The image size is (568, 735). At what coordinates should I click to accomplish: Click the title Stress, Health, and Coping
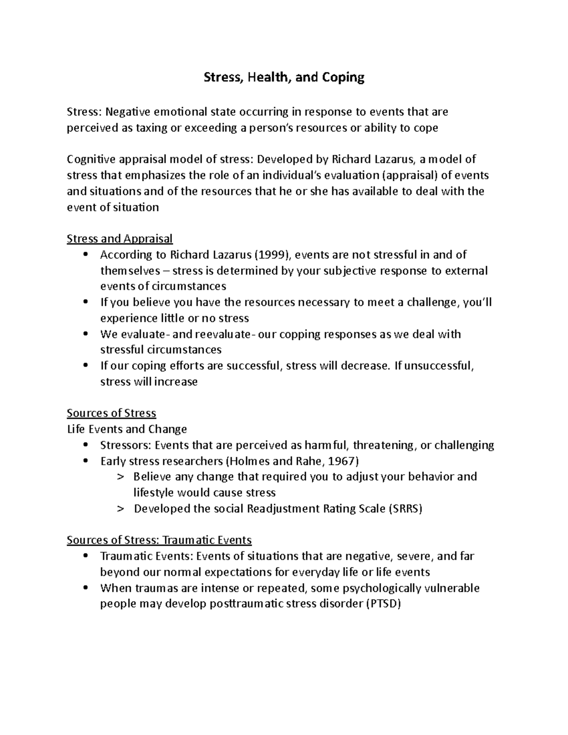tap(284, 77)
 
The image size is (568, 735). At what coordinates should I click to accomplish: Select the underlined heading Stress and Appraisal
tap(120, 239)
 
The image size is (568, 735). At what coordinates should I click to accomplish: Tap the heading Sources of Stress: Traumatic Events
tap(159, 540)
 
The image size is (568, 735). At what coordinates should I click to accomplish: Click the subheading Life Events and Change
tap(127, 429)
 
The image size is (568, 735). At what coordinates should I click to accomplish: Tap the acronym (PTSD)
tap(384, 604)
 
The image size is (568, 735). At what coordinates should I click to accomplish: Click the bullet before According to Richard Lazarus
tap(85, 255)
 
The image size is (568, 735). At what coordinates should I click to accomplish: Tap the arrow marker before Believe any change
tap(120, 477)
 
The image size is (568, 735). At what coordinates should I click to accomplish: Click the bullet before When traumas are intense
tap(85, 588)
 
